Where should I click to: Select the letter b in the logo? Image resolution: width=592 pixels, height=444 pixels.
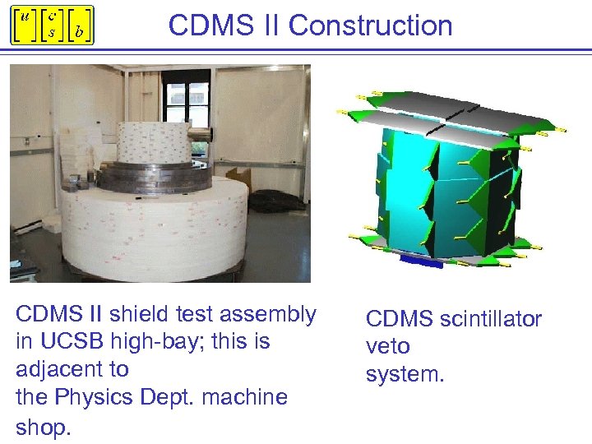[x=78, y=32]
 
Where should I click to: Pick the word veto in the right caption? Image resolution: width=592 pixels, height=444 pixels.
[x=387, y=347]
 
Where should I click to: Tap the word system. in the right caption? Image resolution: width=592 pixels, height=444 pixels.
[x=405, y=375]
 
